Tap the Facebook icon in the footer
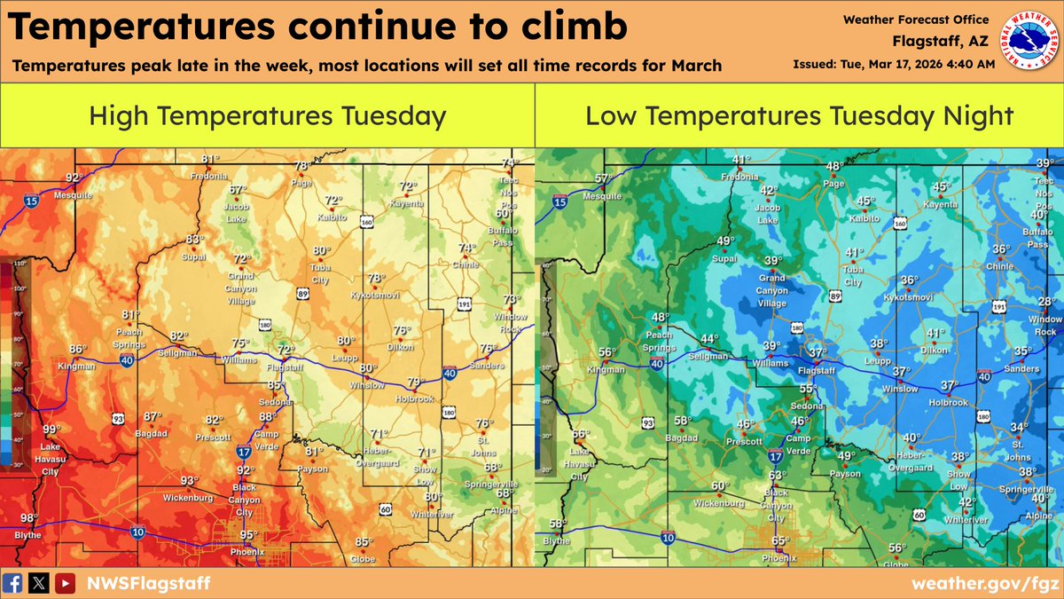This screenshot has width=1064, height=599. pyautogui.click(x=13, y=583)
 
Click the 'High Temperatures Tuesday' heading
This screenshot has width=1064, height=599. pyautogui.click(x=267, y=115)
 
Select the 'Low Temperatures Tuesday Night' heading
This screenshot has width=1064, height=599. pyautogui.click(x=799, y=115)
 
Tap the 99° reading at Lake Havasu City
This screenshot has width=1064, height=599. pyautogui.click(x=53, y=430)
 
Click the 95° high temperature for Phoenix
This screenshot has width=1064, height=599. pyautogui.click(x=248, y=534)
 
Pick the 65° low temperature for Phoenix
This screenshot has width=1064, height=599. pyautogui.click(x=780, y=540)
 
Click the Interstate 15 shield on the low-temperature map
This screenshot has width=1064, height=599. pyautogui.click(x=559, y=202)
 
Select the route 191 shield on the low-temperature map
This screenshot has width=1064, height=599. pyautogui.click(x=998, y=306)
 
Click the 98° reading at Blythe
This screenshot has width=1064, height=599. pyautogui.click(x=28, y=518)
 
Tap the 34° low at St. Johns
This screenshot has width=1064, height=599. pyautogui.click(x=1020, y=427)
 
